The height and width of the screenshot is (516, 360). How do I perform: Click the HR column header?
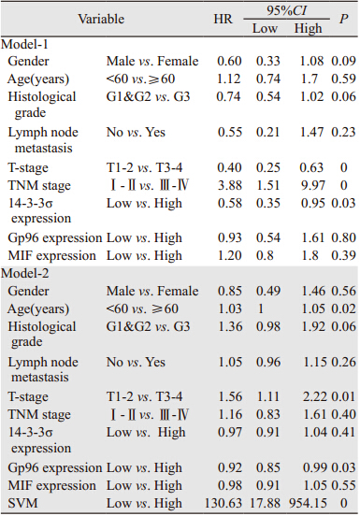[x=223, y=19]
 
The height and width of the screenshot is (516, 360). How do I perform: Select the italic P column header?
[x=343, y=19]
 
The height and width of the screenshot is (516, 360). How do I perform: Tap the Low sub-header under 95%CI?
[x=265, y=28]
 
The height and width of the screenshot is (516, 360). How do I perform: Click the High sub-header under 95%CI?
[x=308, y=28]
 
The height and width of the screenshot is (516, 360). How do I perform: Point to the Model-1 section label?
[x=24, y=44]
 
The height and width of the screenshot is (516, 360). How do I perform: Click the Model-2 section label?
[x=25, y=273]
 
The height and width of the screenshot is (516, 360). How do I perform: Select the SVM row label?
[x=22, y=503]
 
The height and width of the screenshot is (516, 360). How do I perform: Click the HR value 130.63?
[x=223, y=503]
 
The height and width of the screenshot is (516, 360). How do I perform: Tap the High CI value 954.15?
[x=309, y=503]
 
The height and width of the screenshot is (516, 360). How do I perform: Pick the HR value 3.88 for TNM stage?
[x=230, y=185]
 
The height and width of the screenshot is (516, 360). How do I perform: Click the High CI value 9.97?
[x=312, y=185]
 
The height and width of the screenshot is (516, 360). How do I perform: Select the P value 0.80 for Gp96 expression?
[x=343, y=237]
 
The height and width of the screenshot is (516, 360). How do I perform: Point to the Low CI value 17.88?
[x=265, y=503]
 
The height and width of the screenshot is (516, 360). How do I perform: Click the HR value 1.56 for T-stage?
[x=230, y=396]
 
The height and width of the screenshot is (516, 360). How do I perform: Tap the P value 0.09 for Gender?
[x=343, y=61]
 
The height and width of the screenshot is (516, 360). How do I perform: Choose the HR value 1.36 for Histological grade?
[x=230, y=326]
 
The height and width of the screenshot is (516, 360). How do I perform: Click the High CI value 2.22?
[x=314, y=396]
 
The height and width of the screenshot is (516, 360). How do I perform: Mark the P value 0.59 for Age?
[x=343, y=79]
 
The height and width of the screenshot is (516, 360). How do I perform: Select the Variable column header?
[x=101, y=19]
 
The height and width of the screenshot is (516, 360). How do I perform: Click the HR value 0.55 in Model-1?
[x=230, y=132]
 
